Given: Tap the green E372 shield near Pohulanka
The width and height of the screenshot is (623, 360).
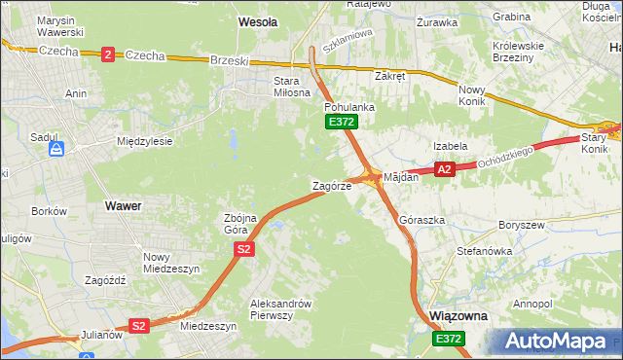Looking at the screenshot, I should tap(342, 122).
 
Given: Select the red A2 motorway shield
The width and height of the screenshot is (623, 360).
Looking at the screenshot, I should tap(445, 169).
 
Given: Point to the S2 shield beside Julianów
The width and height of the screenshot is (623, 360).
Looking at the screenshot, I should tap(139, 326).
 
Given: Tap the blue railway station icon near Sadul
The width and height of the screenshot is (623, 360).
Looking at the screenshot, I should tap(57, 150).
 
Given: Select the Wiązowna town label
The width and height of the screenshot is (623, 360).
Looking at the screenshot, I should tap(458, 317).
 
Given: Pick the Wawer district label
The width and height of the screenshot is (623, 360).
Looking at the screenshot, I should tap(123, 206).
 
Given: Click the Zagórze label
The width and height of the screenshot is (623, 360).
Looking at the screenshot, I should tap(331, 185).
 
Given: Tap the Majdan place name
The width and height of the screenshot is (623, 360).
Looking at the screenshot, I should tap(401, 177).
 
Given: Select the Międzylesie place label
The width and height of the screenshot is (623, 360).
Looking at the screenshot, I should tap(144, 141).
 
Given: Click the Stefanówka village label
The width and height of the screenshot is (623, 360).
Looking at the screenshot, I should tap(484, 251).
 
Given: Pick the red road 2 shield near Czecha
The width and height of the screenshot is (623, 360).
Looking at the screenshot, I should tap(107, 55).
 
